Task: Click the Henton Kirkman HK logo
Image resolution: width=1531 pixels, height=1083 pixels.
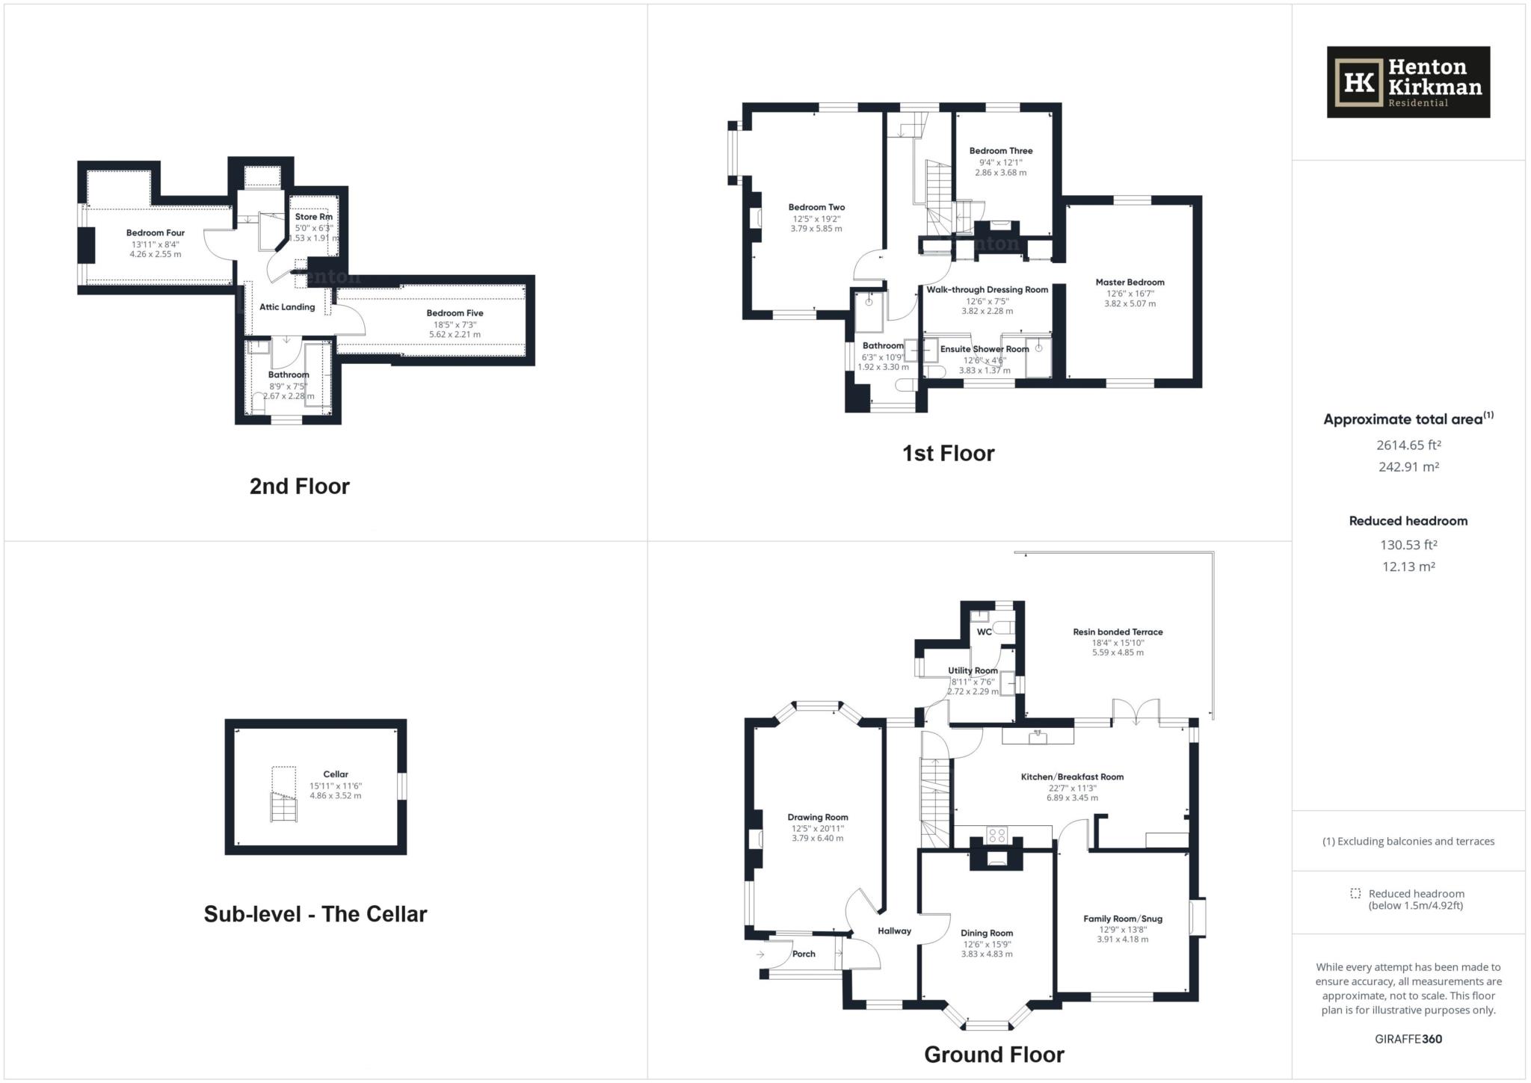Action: (1408, 82)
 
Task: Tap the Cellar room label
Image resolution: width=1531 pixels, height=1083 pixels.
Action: (336, 774)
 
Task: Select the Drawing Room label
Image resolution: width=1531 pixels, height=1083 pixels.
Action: (818, 818)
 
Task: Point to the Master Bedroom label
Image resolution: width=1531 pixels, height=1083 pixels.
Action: (1130, 283)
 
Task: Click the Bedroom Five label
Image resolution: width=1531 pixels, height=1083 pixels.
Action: (455, 313)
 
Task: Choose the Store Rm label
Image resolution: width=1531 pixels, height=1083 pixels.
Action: (313, 217)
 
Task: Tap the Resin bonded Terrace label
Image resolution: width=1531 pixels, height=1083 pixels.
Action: (1118, 632)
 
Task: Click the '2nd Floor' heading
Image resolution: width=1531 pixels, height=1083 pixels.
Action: (300, 487)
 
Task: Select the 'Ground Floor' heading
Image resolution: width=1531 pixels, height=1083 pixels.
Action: (994, 1055)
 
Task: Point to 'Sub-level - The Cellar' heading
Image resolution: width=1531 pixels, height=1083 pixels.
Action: (315, 914)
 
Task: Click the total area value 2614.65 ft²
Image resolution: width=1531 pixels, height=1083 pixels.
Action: (1408, 445)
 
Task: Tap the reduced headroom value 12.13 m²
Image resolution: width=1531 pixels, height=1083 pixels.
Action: (1408, 567)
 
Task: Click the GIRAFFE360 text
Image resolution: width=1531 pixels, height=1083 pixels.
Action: (1408, 1039)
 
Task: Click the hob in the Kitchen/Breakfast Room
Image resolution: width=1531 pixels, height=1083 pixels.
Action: (996, 836)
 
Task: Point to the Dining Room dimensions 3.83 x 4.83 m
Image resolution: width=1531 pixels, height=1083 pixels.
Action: (986, 954)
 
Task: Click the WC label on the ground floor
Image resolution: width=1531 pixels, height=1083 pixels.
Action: (984, 632)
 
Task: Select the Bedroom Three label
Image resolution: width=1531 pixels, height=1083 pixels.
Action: (1001, 151)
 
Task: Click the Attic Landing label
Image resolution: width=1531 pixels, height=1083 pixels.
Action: (287, 307)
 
